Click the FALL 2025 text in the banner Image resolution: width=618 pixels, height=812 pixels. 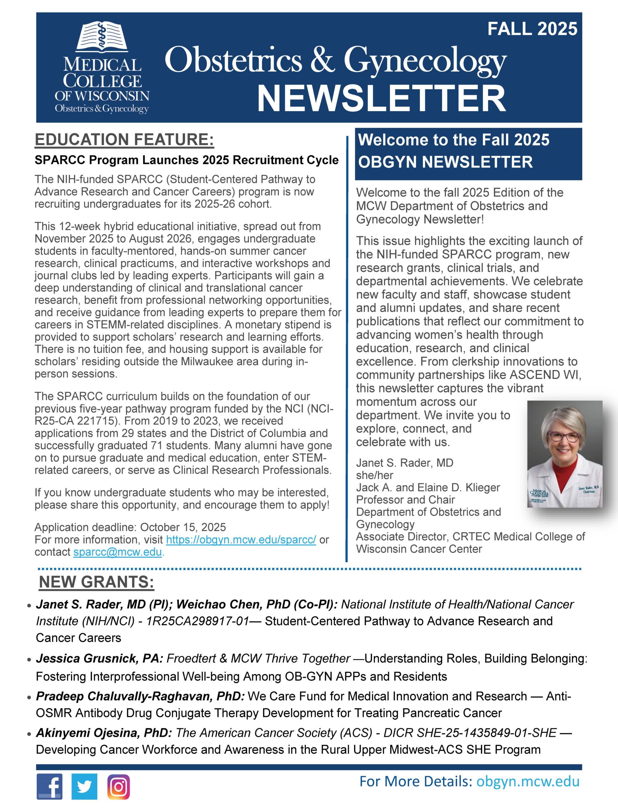click(532, 29)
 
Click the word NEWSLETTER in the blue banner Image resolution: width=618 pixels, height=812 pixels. click(381, 99)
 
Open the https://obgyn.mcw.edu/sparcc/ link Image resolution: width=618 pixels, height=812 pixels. click(241, 540)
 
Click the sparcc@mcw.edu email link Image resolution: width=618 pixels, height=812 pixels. click(117, 552)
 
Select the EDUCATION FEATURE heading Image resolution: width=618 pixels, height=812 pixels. click(124, 140)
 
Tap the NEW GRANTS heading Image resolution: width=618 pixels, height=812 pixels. click(96, 582)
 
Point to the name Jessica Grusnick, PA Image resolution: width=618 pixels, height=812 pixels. click(99, 658)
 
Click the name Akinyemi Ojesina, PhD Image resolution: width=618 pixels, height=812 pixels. click(104, 732)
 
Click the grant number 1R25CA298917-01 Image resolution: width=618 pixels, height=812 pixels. click(198, 621)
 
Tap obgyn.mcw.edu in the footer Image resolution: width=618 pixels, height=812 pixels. click(528, 782)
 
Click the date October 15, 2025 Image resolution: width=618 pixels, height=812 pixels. click(183, 527)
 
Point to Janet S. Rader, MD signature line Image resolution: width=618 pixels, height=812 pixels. click(404, 463)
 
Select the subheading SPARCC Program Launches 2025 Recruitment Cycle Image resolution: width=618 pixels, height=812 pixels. click(186, 160)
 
